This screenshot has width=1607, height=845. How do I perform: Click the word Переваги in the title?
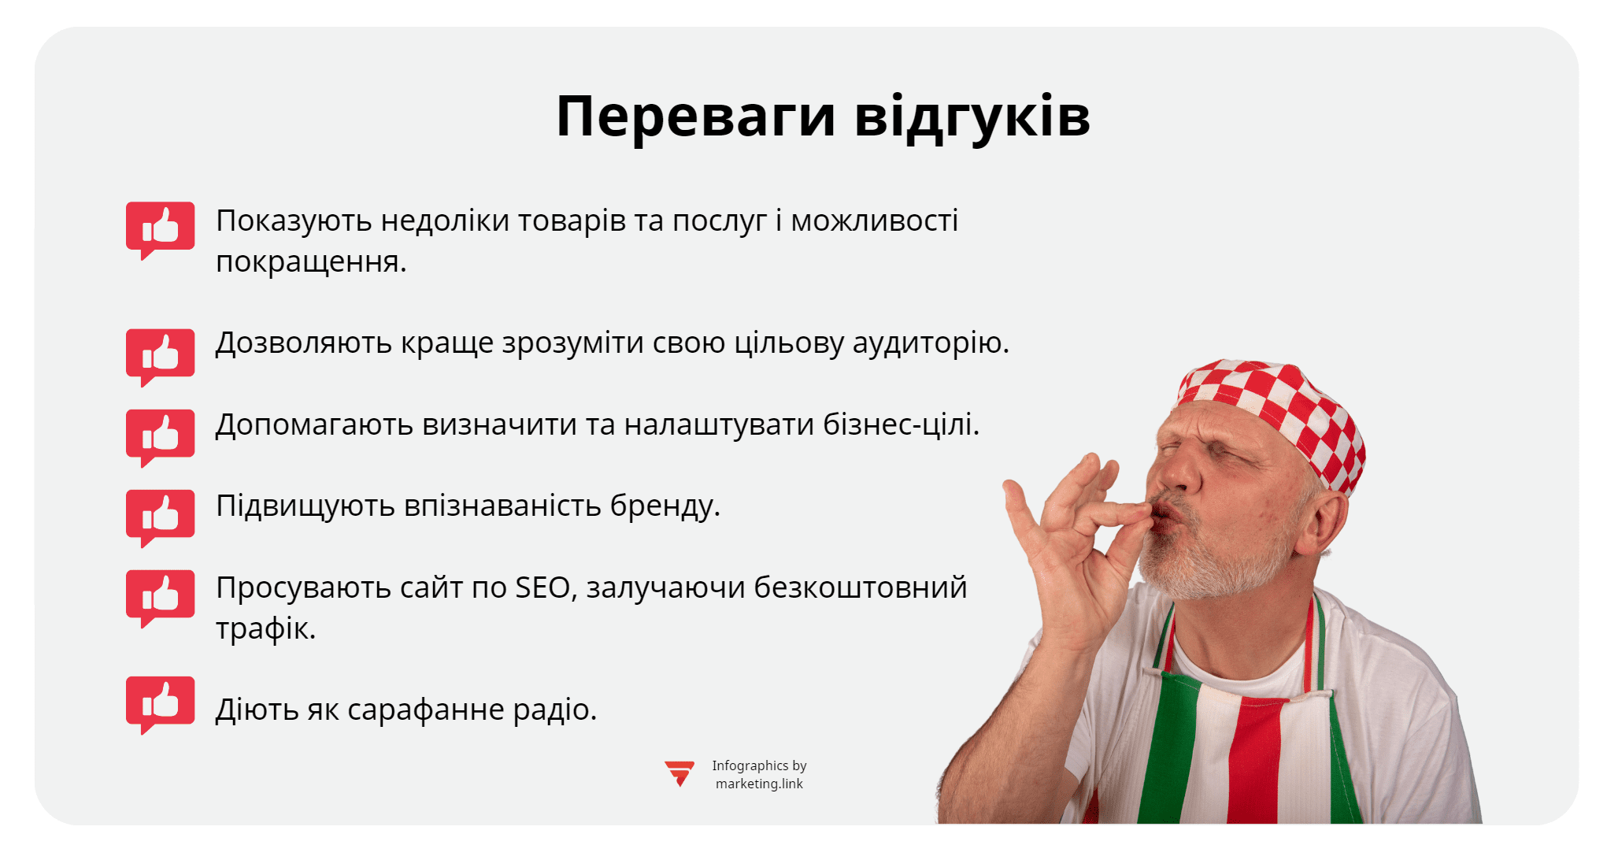point(694,117)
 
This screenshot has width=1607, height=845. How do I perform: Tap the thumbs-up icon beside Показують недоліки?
point(161,228)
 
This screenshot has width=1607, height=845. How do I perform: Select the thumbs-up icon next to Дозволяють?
point(161,355)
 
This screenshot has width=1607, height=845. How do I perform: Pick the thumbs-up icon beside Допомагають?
point(161,435)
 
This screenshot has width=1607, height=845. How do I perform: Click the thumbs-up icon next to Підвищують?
point(161,516)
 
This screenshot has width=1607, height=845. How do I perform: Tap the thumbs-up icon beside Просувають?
point(161,596)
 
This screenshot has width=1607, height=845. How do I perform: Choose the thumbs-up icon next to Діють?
point(161,702)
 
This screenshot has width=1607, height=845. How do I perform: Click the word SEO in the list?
point(542,587)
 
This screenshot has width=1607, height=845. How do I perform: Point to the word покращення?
point(310,262)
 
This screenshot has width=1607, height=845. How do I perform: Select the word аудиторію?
point(931,343)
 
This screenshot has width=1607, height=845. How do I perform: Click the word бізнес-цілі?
point(901,424)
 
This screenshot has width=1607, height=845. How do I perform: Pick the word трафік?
point(265,628)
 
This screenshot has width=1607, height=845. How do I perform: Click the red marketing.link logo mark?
point(679,773)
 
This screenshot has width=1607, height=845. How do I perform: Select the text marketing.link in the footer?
point(759,784)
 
